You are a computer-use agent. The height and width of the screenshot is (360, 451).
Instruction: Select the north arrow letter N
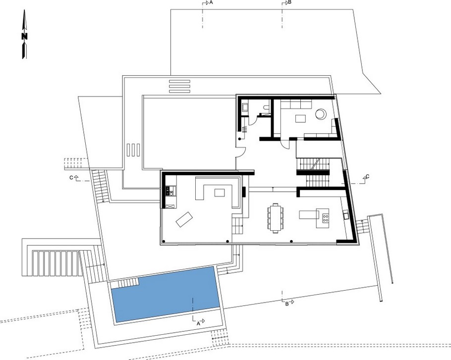click(x=24, y=36)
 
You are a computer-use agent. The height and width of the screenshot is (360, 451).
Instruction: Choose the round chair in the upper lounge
click(x=321, y=113)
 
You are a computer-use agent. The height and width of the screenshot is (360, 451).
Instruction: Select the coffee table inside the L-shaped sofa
click(x=219, y=192)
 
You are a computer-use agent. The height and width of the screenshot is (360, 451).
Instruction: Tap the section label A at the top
click(x=211, y=3)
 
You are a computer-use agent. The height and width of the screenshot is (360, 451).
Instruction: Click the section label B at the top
click(x=290, y=3)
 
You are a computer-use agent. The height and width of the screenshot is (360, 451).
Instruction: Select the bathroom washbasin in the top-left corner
click(x=245, y=106)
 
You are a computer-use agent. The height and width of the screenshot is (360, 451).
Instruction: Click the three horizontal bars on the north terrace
click(x=179, y=86)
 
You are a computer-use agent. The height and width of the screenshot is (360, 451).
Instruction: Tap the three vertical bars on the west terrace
click(x=133, y=150)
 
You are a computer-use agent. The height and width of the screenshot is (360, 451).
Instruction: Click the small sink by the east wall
click(x=344, y=215)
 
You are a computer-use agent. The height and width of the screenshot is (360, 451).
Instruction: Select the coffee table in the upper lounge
click(x=301, y=118)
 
